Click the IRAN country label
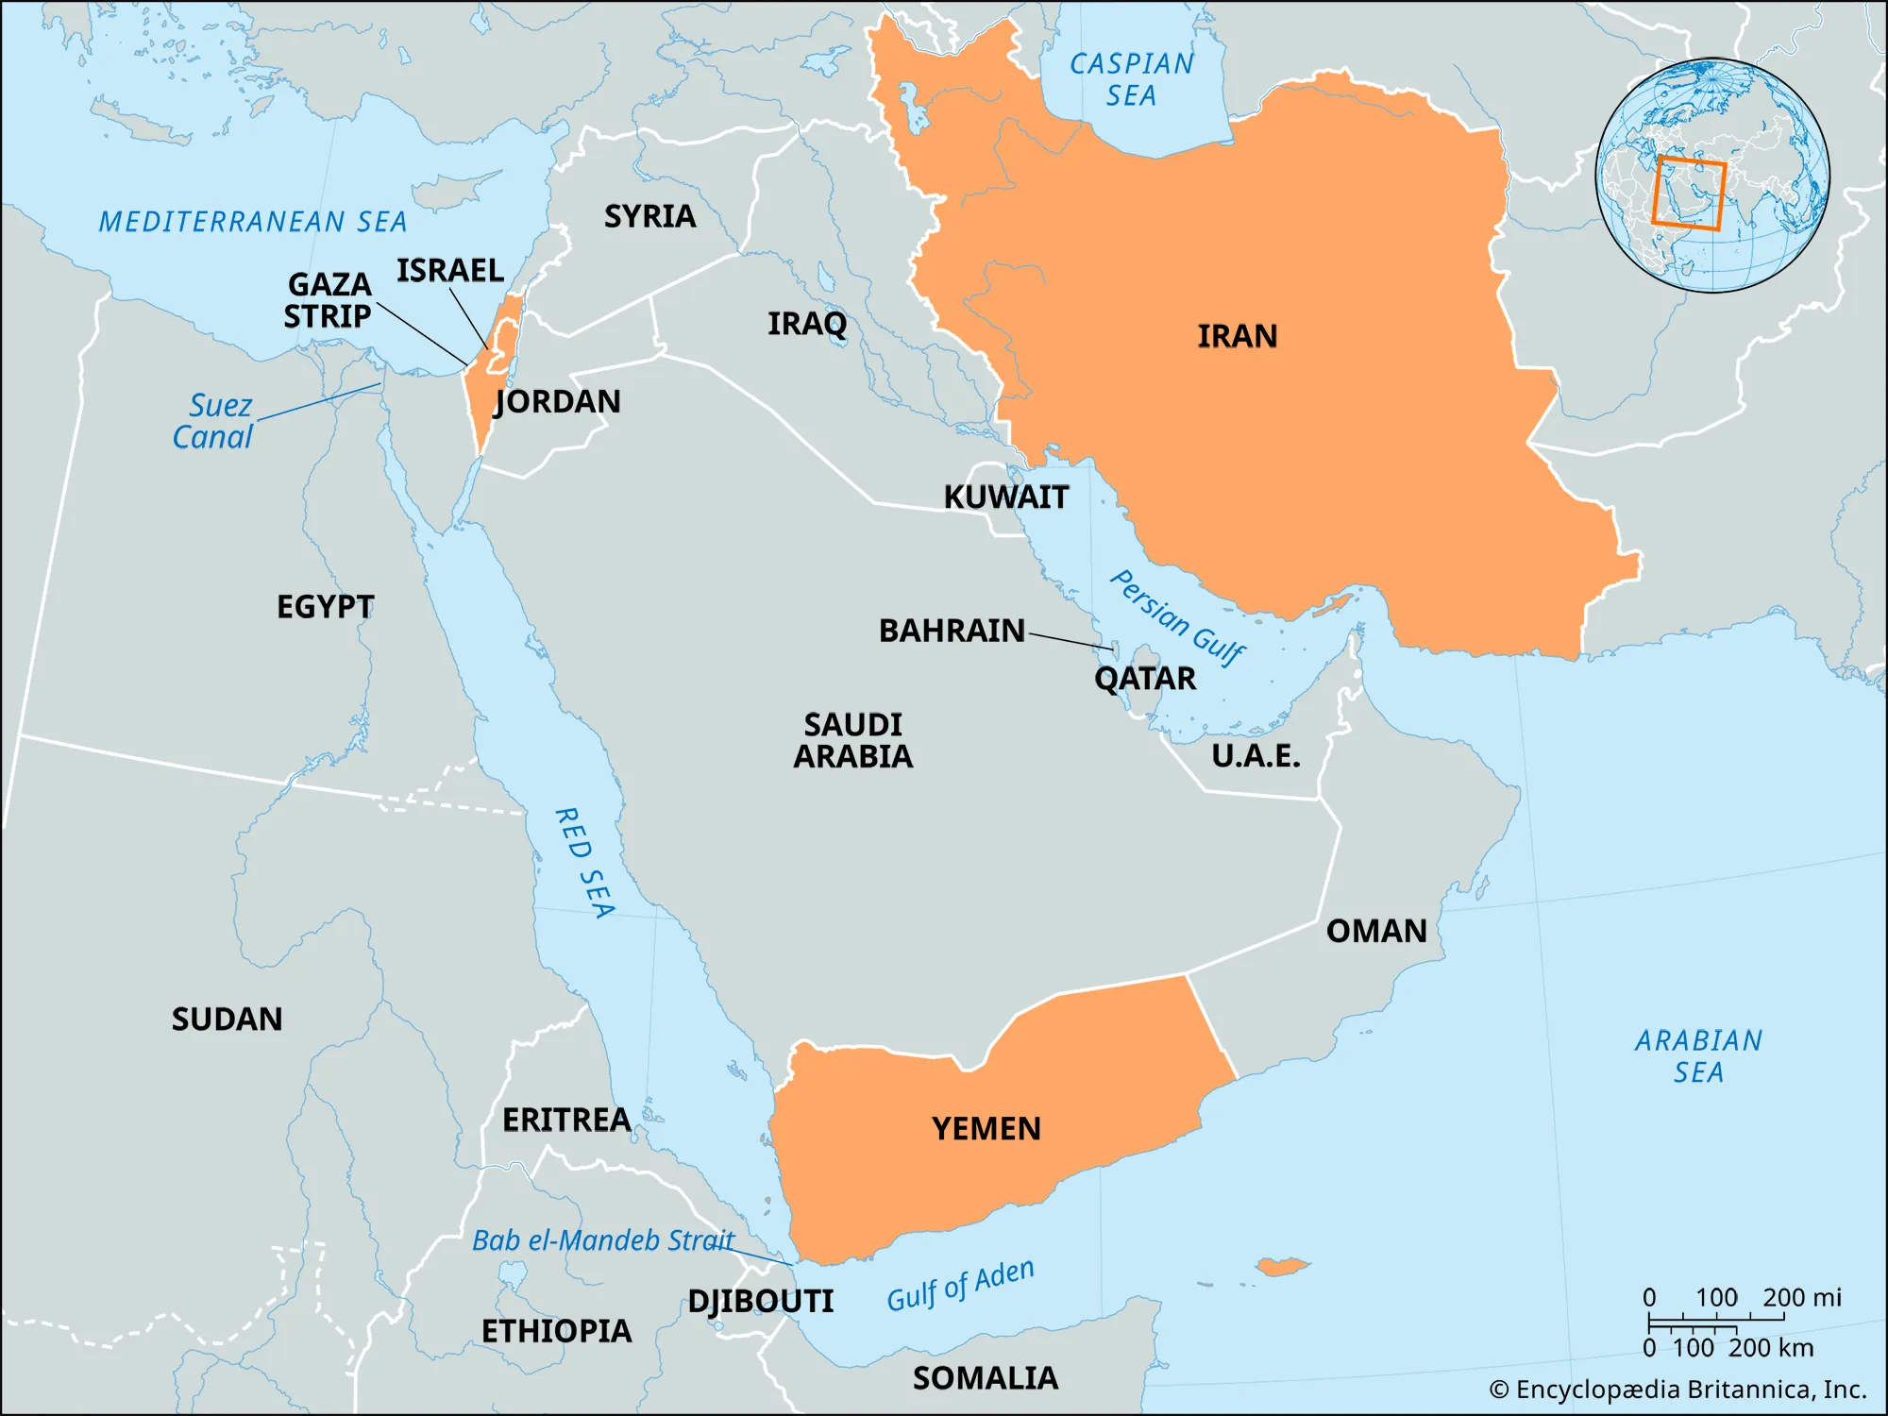click(x=1237, y=336)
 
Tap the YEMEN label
click(x=986, y=1128)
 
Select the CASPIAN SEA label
click(x=1131, y=79)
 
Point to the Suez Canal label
click(x=214, y=421)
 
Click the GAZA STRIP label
click(x=329, y=300)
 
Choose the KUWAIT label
click(x=1005, y=497)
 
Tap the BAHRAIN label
click(x=951, y=631)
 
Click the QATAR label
click(x=1144, y=678)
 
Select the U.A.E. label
click(x=1255, y=755)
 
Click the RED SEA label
click(x=584, y=862)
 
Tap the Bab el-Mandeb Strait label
click(x=602, y=1239)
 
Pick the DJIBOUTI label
click(x=760, y=1301)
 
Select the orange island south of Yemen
click(x=1282, y=1266)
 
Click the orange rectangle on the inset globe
click(x=1689, y=194)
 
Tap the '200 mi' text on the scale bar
click(x=1801, y=1297)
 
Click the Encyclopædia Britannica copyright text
click(x=1677, y=1390)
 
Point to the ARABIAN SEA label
click(x=1697, y=1055)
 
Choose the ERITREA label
click(x=565, y=1120)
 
